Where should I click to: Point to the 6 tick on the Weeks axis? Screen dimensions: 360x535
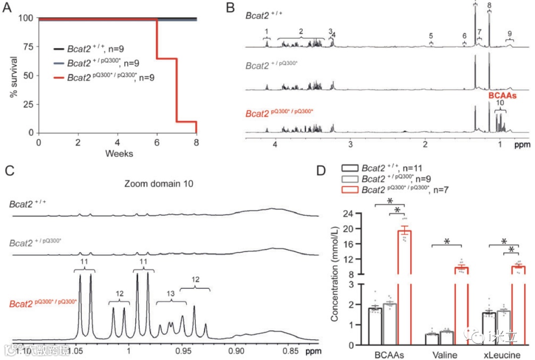157,142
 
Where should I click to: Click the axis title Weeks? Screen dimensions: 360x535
119,153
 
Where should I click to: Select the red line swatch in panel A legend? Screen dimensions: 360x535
58,77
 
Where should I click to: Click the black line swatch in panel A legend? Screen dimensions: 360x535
58,50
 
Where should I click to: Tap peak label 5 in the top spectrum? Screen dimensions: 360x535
431,36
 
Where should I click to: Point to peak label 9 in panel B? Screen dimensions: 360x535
510,33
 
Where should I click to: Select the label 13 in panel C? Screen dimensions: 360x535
171,294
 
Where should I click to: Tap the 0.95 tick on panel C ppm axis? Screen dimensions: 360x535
183,350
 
